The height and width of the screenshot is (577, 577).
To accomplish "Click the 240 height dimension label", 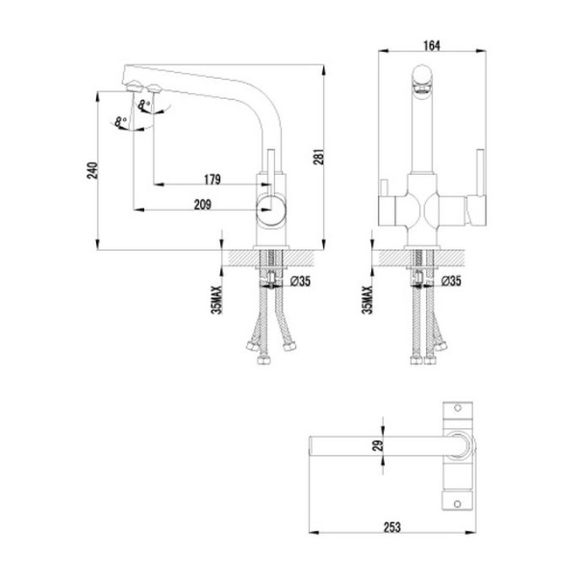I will (91, 170).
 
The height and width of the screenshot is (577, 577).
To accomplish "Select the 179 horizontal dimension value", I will (213, 179).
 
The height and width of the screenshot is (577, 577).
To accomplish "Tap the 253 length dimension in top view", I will (393, 527).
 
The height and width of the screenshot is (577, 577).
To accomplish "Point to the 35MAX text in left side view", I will (218, 300).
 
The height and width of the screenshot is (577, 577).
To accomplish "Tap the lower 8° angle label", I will (118, 122).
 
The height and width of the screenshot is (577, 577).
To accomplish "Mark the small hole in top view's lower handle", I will (453, 498).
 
